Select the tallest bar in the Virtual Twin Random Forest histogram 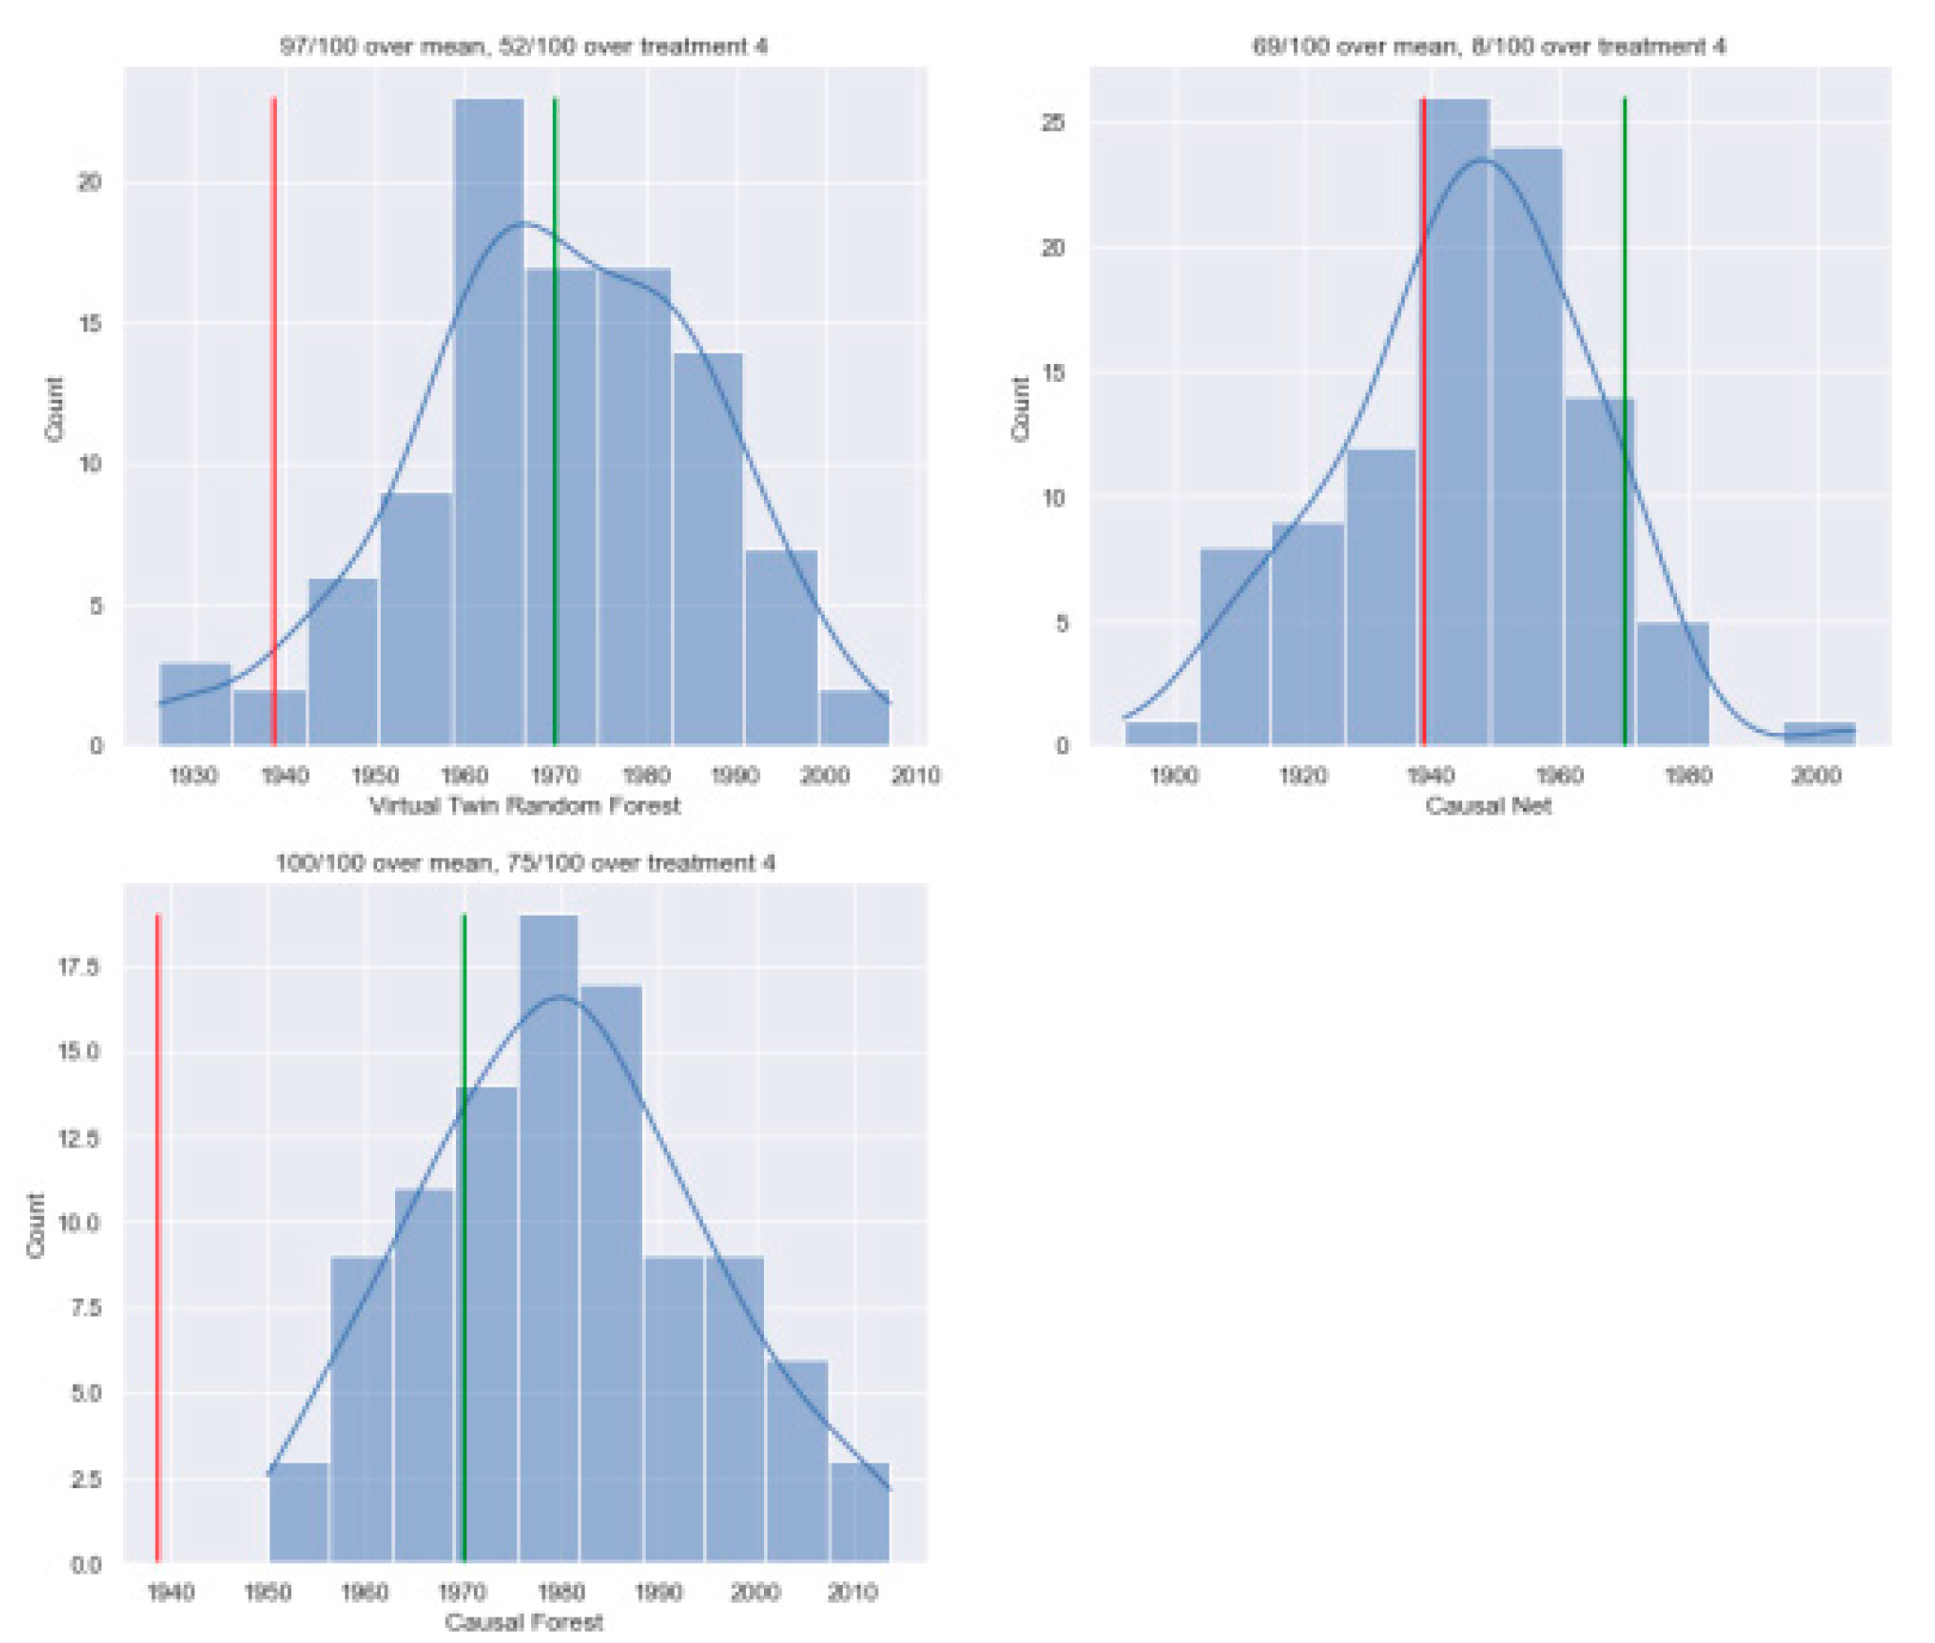pos(488,422)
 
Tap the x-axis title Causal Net pos(1487,805)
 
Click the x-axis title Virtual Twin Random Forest pos(525,805)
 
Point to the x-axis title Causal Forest pos(524,1621)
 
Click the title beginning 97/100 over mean pos(524,46)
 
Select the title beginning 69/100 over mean pos(1488,46)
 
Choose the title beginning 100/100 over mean pos(525,862)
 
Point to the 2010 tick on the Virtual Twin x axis pos(915,775)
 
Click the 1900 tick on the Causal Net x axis pos(1173,775)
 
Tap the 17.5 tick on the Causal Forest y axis pos(79,966)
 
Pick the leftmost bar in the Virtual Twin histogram pos(195,704)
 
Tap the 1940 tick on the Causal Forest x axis pos(171,1592)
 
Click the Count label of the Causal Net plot pos(1020,408)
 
